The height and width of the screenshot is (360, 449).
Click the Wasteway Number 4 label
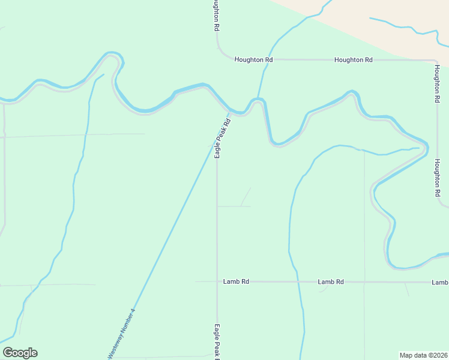point(122,334)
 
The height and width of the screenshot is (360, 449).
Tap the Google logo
point(20,353)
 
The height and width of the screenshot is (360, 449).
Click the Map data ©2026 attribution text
point(423,355)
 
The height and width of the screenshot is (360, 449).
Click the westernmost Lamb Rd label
point(236,281)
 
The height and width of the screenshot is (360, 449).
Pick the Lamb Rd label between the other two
point(331,281)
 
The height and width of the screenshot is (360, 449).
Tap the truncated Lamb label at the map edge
point(440,282)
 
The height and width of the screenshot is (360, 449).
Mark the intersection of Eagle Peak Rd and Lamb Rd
point(217,281)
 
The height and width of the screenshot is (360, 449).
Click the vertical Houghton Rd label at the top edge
point(215,16)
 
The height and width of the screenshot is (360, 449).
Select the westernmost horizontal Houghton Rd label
point(253,60)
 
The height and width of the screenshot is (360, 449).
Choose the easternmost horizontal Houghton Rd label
point(354,60)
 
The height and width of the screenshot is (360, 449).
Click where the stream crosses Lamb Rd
point(298,281)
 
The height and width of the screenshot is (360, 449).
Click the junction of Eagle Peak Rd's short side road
point(217,206)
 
